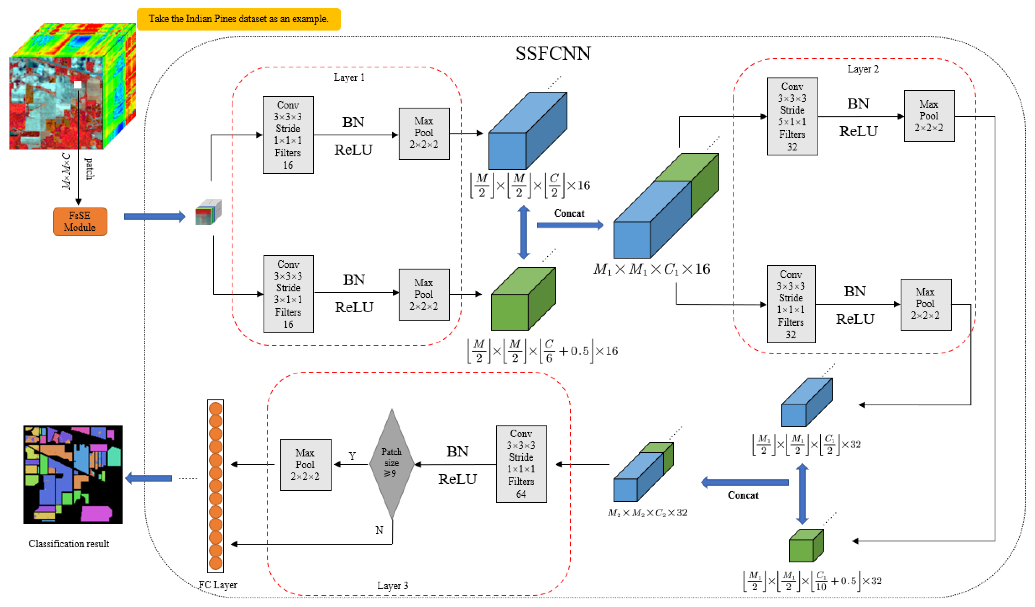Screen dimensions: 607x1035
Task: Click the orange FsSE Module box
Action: pos(80,222)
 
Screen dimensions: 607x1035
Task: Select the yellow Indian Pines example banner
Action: pos(239,19)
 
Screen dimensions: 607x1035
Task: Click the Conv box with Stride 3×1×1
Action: pos(288,294)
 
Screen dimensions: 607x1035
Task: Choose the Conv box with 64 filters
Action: pos(521,464)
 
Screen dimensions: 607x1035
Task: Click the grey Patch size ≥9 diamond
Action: pos(391,464)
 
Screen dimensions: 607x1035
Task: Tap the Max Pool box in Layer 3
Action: pos(306,465)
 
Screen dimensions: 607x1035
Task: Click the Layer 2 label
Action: pos(863,69)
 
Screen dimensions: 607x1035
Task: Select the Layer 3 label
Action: pos(392,585)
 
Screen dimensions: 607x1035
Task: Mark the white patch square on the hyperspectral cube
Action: pos(78,85)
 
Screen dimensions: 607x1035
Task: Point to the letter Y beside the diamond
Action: pos(352,456)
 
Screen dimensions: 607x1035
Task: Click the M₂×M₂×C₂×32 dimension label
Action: pos(647,513)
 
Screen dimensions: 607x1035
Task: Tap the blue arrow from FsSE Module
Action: pos(154,216)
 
